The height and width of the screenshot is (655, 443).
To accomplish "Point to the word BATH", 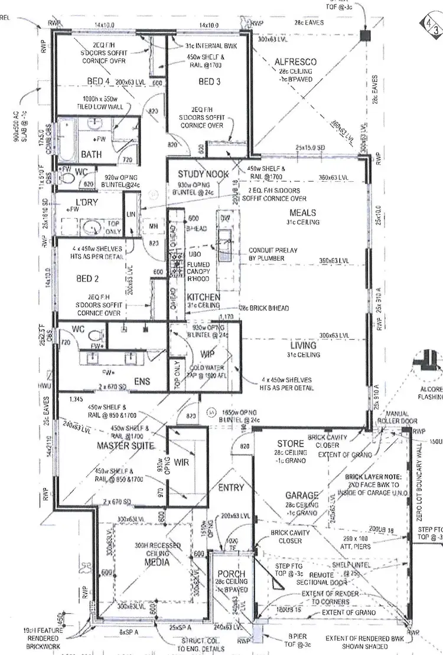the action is tap(92, 155).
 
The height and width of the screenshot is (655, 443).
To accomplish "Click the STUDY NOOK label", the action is tap(203, 174).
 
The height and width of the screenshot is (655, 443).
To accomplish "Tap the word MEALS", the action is tap(302, 212).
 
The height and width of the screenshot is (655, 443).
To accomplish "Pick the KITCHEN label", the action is tap(204, 296).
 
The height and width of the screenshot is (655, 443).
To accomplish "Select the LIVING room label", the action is tap(304, 345).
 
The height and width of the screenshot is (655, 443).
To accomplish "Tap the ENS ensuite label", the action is tap(142, 382).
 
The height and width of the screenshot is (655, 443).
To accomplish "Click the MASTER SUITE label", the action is tap(125, 445).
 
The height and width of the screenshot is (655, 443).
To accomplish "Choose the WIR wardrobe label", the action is tap(182, 463).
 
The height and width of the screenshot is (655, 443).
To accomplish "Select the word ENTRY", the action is tap(230, 488).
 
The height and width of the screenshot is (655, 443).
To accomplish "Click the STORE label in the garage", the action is tap(290, 444).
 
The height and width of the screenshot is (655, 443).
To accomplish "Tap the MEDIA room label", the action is tap(157, 562).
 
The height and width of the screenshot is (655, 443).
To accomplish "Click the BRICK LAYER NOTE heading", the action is tap(374, 476).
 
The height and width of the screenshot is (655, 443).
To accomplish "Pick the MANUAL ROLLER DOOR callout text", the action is tap(392, 418).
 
